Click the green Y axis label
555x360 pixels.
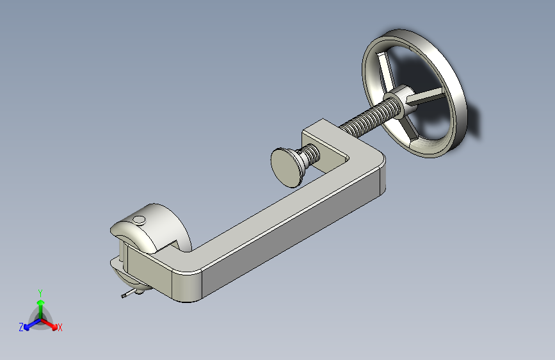click(40, 293)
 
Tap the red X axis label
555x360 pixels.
click(60, 327)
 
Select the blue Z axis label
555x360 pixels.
click(21, 327)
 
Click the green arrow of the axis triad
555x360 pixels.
click(41, 309)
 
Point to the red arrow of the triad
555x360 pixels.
click(49, 324)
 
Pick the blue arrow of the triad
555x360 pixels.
click(32, 324)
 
